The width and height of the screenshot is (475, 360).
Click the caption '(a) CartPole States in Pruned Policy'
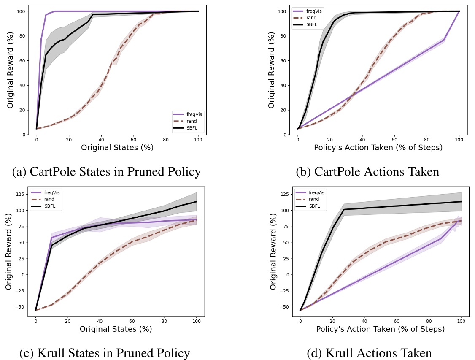[x=106, y=172]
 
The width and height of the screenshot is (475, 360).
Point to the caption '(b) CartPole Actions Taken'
[x=368, y=172]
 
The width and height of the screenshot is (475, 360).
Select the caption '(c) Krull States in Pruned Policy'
[x=105, y=353]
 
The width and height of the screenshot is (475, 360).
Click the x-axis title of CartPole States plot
[x=117, y=148]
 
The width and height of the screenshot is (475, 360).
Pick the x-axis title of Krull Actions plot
[x=380, y=329]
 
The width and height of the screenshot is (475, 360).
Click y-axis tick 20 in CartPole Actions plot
[x=288, y=110]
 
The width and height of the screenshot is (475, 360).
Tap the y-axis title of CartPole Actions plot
[x=272, y=70]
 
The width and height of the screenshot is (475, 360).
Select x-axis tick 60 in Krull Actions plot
[x=397, y=319]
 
